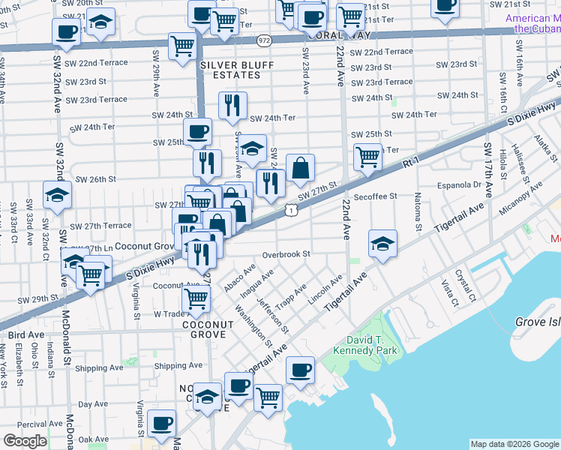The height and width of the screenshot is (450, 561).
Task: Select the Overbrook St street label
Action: click(286, 254)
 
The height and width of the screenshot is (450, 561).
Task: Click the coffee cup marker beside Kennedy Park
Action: click(301, 370)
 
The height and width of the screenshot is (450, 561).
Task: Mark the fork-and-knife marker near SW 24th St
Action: click(233, 105)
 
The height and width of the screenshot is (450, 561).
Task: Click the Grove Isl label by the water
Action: click(537, 322)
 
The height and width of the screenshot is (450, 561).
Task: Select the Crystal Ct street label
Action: click(469, 289)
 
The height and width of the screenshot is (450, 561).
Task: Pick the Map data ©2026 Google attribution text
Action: click(514, 444)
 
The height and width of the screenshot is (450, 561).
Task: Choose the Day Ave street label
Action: click(94, 403)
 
